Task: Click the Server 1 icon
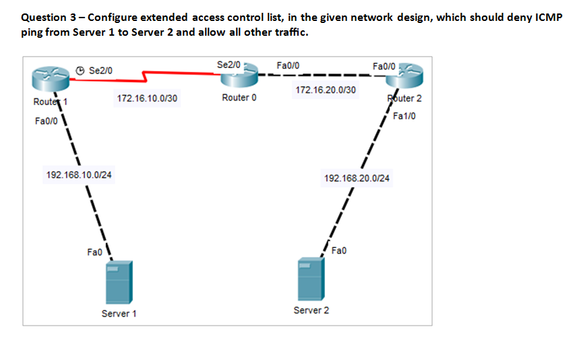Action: (119, 282)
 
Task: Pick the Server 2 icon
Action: (310, 278)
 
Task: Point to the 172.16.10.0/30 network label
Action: (147, 98)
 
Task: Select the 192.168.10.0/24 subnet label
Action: (79, 175)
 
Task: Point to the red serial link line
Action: (148, 76)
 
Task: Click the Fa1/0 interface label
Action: (404, 116)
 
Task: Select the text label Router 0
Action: (239, 98)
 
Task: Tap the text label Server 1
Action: (119, 313)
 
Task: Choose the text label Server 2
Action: (311, 310)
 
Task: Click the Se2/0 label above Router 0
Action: (229, 64)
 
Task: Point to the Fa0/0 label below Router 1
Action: (44, 121)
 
